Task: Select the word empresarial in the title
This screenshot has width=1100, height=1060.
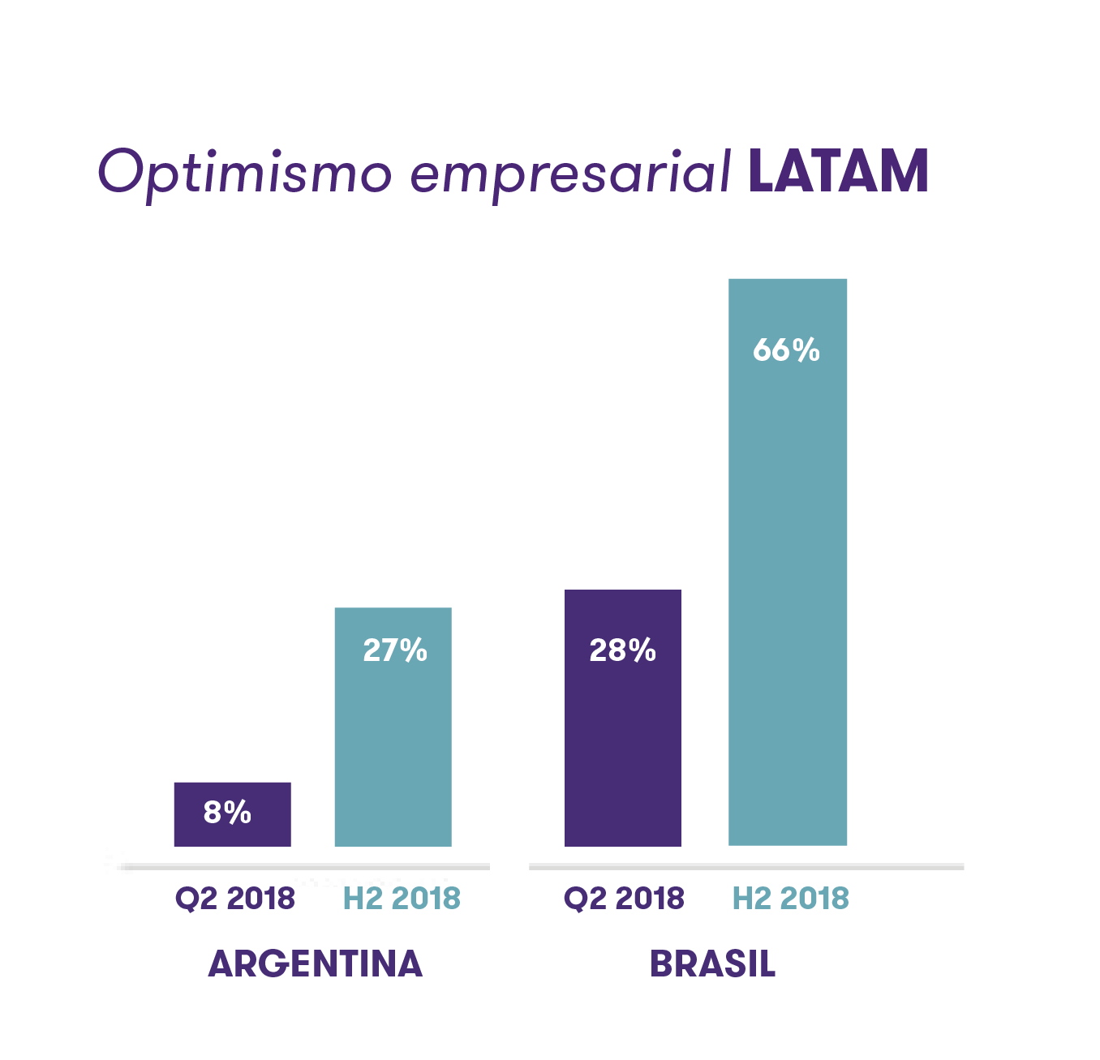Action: (x=571, y=172)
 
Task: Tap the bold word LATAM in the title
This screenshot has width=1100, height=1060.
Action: (x=838, y=171)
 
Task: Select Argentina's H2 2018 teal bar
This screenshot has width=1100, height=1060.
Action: (x=393, y=746)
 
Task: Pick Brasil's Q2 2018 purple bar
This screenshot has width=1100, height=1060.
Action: (x=623, y=746)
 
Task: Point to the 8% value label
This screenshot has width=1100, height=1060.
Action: (x=227, y=812)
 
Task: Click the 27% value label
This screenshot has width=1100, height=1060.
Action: (x=395, y=650)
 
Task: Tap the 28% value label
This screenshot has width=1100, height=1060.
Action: (x=622, y=650)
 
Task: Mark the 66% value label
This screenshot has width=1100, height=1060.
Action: (x=786, y=350)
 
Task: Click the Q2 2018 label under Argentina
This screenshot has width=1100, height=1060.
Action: (x=235, y=899)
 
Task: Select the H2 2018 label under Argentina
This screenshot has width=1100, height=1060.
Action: (x=402, y=899)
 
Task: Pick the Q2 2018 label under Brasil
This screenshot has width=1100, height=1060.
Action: (x=624, y=899)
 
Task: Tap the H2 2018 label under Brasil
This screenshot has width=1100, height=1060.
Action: (x=791, y=899)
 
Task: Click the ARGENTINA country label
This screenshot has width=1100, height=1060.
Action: (x=316, y=963)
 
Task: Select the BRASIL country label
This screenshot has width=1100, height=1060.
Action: (x=712, y=964)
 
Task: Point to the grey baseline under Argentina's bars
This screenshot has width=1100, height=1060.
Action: (x=304, y=867)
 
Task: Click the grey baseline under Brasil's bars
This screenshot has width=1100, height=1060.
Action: (x=746, y=867)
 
